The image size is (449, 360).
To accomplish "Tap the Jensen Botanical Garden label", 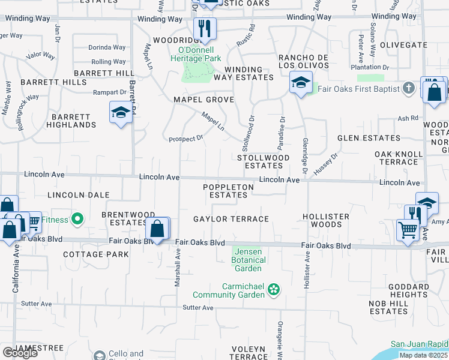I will (x=249, y=260).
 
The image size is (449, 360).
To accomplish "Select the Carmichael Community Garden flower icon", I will (x=274, y=290).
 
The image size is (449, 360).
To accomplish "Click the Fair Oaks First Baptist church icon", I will (x=409, y=89).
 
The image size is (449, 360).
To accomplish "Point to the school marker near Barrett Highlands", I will (x=121, y=112).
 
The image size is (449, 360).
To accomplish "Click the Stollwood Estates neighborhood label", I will (x=264, y=161).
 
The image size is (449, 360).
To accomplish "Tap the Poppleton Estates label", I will (x=228, y=191).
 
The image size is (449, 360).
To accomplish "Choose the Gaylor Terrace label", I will (x=231, y=219).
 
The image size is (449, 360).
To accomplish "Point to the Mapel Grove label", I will (x=203, y=100).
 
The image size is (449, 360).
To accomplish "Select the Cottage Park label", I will (x=96, y=254).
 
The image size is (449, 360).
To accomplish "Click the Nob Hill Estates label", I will (x=389, y=307).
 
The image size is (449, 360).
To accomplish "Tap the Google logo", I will (x=20, y=353).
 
